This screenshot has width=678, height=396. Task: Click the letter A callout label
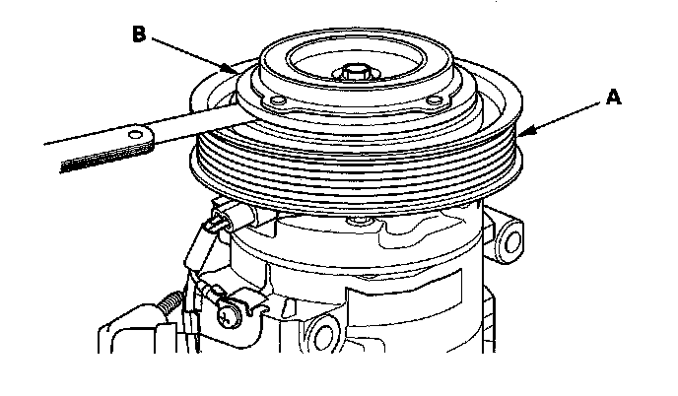pos(613,98)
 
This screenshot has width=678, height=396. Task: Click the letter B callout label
pos(139,34)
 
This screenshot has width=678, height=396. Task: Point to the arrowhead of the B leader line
pos(230,68)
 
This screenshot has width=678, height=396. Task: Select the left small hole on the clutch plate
pos(277,101)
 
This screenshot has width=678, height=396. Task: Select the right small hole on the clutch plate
pos(434,101)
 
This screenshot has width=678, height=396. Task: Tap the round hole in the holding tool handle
pos(136,134)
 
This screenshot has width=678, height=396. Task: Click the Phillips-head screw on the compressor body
pos(227,316)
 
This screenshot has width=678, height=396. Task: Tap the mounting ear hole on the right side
pos(512,242)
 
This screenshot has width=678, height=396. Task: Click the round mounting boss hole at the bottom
pos(323,336)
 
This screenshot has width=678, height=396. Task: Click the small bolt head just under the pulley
pos(358,222)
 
